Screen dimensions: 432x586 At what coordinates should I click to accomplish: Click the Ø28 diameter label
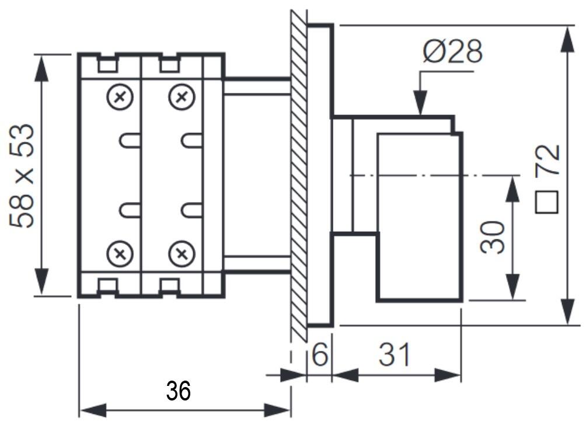tap(453, 52)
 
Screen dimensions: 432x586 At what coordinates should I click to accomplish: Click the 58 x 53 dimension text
tap(23, 176)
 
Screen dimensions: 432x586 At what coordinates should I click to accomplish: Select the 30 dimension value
tap(492, 236)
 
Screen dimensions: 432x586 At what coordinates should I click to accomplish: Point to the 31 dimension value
tap(395, 355)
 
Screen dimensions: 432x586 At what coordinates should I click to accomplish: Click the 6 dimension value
tap(319, 355)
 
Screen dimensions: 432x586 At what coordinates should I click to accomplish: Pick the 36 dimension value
tap(178, 391)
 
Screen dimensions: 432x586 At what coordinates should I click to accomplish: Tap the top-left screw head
tap(120, 96)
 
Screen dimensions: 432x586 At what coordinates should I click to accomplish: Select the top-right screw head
tap(181, 96)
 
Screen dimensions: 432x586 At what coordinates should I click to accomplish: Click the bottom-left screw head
tap(120, 254)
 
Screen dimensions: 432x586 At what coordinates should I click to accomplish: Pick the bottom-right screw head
tap(181, 254)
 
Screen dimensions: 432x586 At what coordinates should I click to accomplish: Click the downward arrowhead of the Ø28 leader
tap(420, 105)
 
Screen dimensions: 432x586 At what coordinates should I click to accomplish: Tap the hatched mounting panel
tap(299, 175)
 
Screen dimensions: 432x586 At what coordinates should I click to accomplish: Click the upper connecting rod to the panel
tap(257, 86)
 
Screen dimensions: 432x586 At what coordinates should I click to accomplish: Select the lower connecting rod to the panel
tap(257, 264)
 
